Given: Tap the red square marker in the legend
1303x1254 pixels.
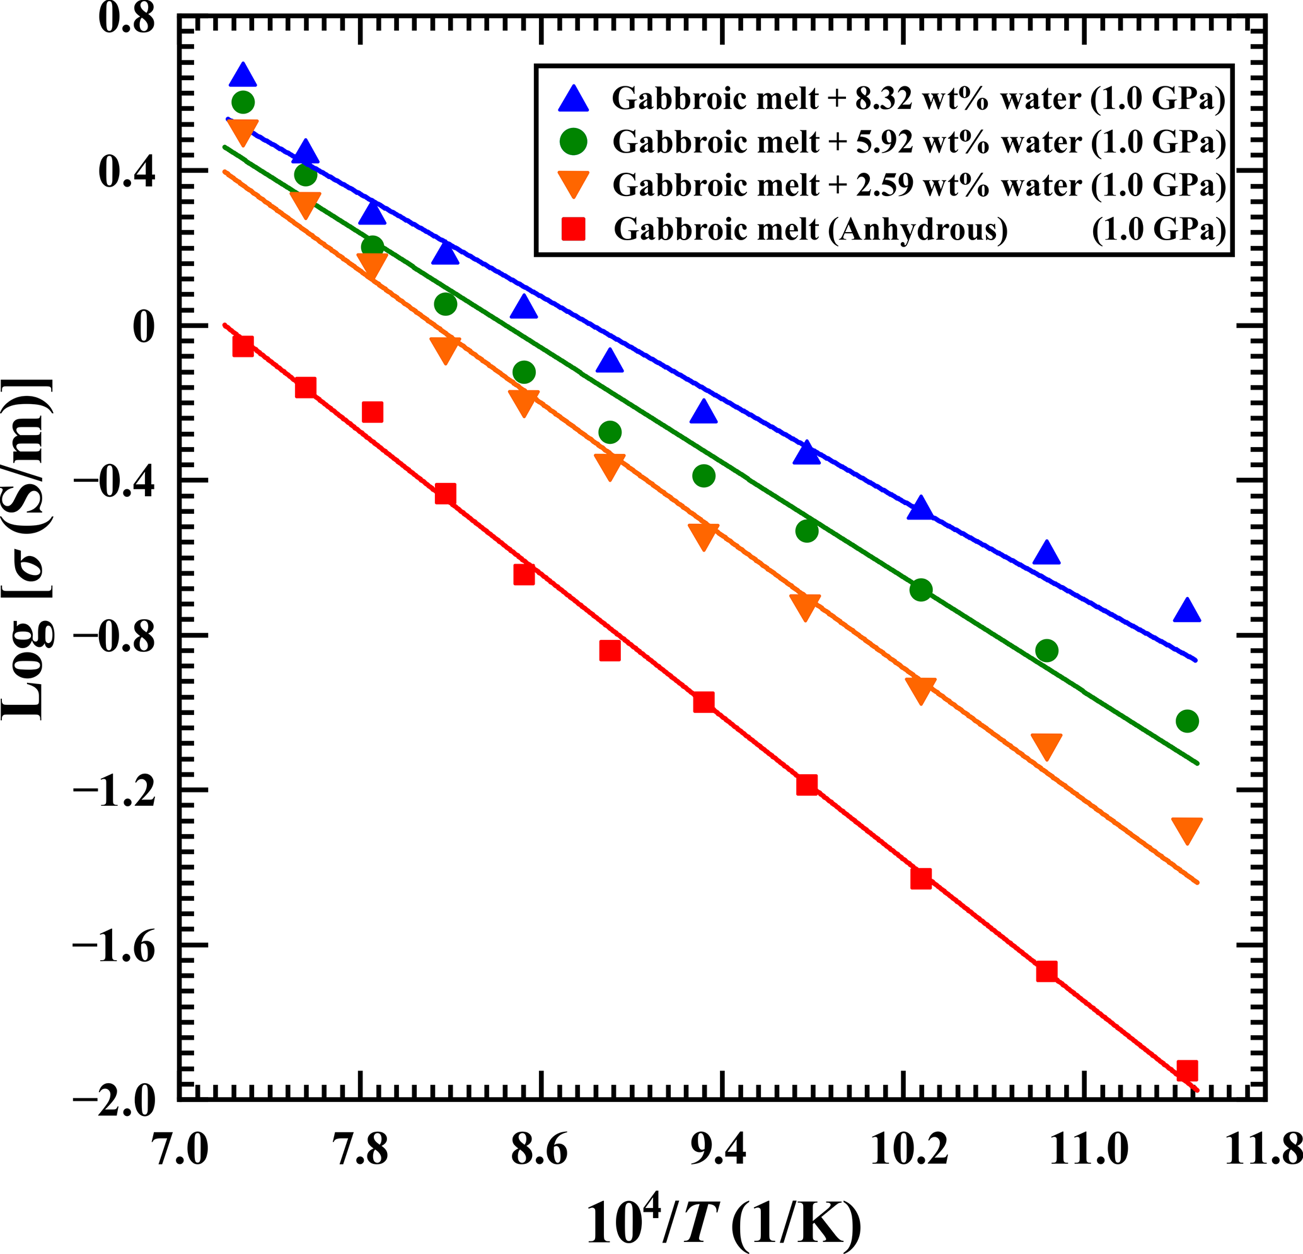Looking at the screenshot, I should pyautogui.click(x=574, y=229).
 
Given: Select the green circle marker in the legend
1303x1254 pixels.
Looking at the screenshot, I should pyautogui.click(x=574, y=142).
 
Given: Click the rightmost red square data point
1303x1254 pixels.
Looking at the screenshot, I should pyautogui.click(x=1186, y=1071).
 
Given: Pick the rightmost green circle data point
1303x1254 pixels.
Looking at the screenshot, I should pyautogui.click(x=1186, y=721).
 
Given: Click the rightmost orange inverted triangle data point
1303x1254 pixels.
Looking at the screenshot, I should pyautogui.click(x=1186, y=830).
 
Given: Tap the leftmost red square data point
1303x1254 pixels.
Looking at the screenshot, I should pyautogui.click(x=243, y=346).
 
